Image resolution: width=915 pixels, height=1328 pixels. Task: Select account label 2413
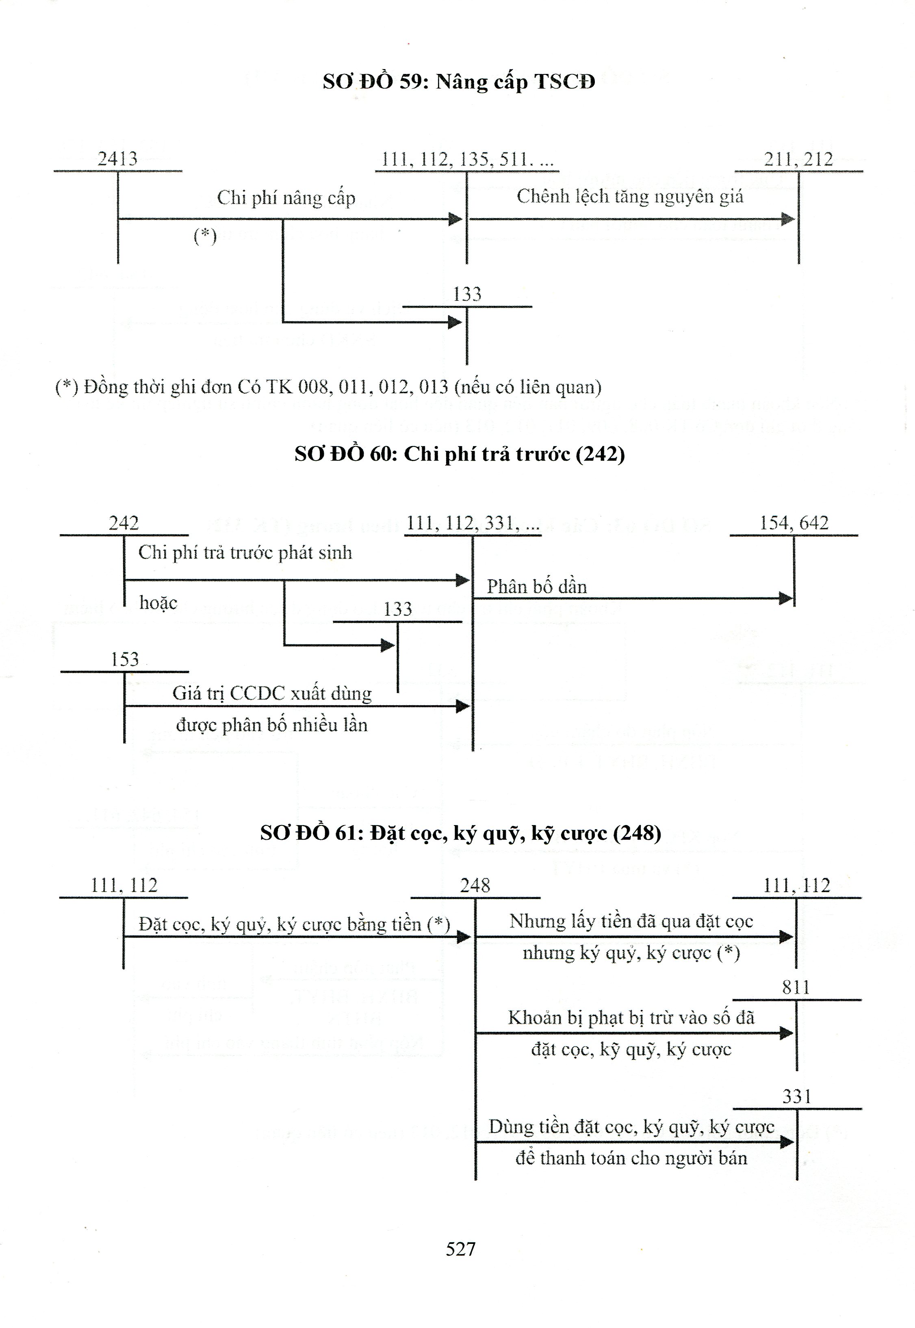click(117, 159)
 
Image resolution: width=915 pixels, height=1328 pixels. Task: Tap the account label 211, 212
click(798, 159)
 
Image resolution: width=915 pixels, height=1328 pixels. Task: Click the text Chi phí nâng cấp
click(286, 198)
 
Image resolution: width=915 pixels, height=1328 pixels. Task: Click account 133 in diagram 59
click(467, 295)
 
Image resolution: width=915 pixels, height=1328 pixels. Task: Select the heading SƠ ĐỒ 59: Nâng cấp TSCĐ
click(459, 82)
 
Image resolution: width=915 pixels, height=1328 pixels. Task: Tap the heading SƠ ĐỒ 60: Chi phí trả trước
click(459, 454)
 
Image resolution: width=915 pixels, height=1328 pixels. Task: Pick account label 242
click(124, 523)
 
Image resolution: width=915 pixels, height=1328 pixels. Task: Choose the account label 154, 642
click(794, 523)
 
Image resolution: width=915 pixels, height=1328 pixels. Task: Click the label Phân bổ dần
click(537, 587)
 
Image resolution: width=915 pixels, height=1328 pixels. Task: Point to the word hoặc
click(158, 602)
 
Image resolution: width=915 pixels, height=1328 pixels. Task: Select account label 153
click(124, 660)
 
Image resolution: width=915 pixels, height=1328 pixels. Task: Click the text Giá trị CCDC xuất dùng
click(272, 693)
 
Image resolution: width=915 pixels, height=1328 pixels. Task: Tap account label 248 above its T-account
click(475, 886)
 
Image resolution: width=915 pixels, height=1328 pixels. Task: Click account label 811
click(796, 988)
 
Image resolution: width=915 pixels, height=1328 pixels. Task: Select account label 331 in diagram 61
click(796, 1096)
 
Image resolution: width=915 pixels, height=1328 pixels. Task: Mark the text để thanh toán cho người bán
click(631, 1158)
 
